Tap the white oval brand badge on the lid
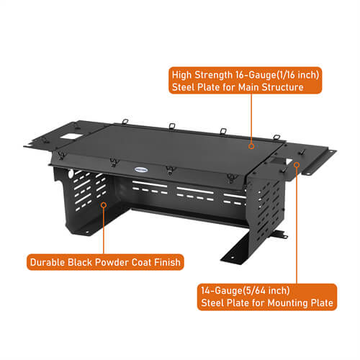pyautogui.click(x=142, y=170)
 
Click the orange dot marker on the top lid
pyautogui.click(x=251, y=145)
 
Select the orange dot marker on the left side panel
pyautogui.click(x=103, y=204)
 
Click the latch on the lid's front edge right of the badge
pyautogui.click(x=169, y=171)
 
